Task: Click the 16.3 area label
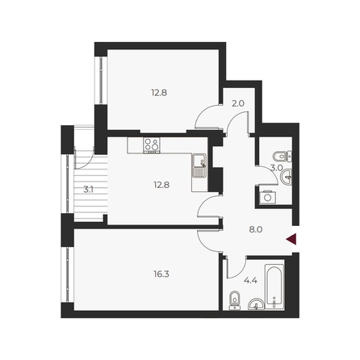click(x=161, y=274)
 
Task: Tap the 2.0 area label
click(x=238, y=103)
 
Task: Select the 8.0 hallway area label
click(x=256, y=229)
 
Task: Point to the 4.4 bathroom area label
click(x=250, y=281)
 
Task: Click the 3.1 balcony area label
click(x=88, y=190)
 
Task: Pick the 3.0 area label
click(x=276, y=168)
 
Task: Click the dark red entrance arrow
click(x=291, y=239)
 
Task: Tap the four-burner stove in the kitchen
click(x=152, y=145)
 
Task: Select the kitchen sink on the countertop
click(x=199, y=165)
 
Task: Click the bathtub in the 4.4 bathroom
click(x=274, y=287)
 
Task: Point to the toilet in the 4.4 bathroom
click(x=235, y=300)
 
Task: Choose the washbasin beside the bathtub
click(x=256, y=304)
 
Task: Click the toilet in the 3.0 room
click(x=283, y=156)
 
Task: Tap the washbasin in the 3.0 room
click(x=286, y=177)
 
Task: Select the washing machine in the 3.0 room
click(x=268, y=197)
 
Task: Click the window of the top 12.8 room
click(x=101, y=81)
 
